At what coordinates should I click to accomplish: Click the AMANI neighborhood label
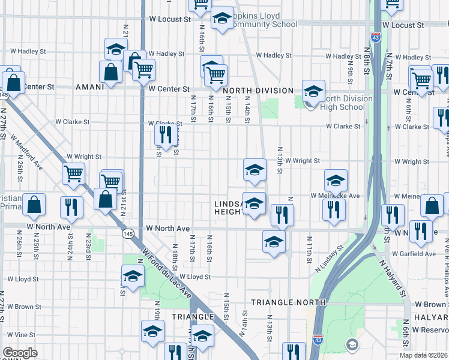[x=91, y=87]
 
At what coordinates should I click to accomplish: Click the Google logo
[x=20, y=353]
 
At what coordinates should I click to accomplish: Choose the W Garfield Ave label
[x=414, y=254]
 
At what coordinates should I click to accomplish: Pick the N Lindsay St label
[x=328, y=258]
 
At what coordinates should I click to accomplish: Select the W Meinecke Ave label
[x=335, y=196]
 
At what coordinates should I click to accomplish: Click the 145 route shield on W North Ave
[x=127, y=233]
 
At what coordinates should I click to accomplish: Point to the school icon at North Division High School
[x=313, y=91]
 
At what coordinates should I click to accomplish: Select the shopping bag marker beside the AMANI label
[x=112, y=71]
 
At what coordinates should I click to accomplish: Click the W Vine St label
[x=22, y=334]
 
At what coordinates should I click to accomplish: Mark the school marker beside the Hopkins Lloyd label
[x=222, y=19]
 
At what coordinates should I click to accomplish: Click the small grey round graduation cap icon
[x=352, y=344]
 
